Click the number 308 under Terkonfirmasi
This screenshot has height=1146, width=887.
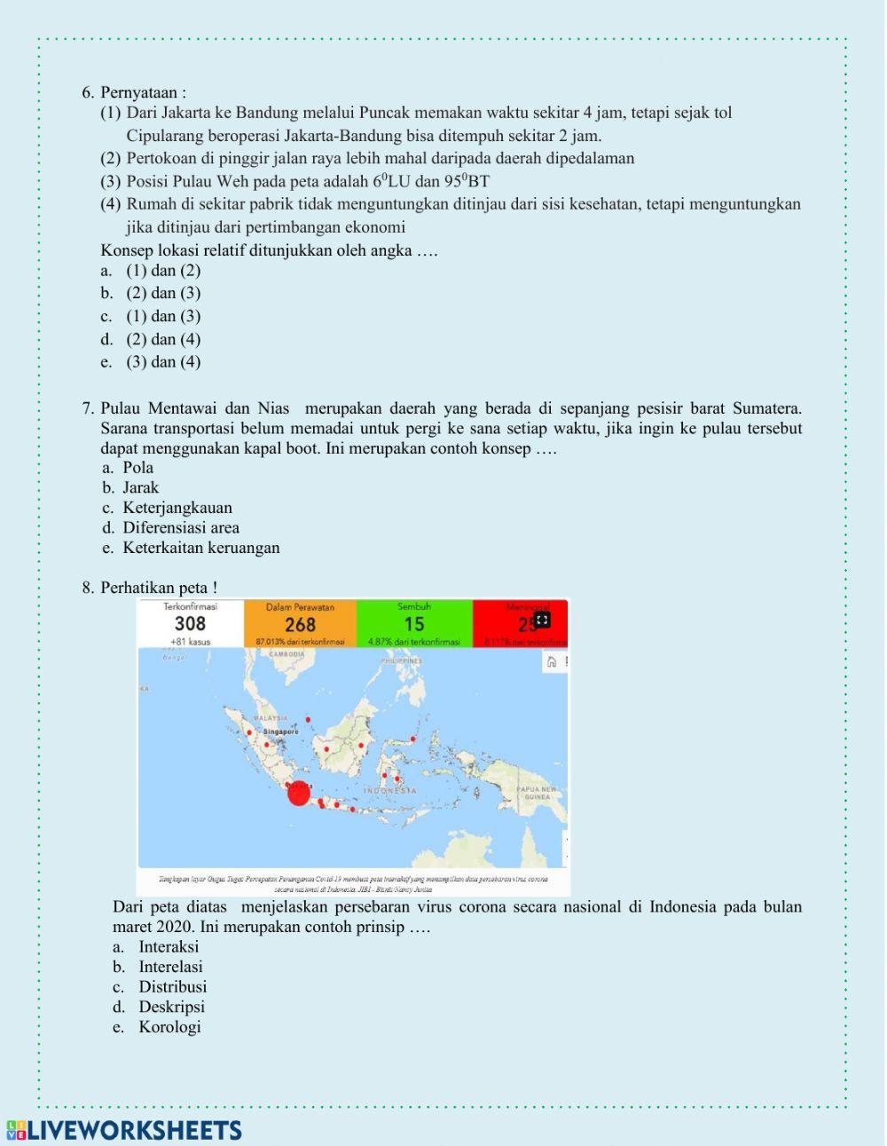190,624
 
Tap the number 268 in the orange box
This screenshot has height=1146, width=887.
300,625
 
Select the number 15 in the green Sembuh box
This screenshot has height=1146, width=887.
414,624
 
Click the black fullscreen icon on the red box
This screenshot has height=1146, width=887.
542,620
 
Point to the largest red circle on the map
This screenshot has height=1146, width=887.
299,794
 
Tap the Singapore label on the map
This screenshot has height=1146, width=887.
280,731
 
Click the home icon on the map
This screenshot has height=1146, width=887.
551,661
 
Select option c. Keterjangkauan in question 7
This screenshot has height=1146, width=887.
177,508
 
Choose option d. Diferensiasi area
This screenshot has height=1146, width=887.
180,527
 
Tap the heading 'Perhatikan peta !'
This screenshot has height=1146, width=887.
158,588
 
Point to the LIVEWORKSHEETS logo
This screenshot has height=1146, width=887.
124,1130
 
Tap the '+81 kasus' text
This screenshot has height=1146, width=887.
190,641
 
